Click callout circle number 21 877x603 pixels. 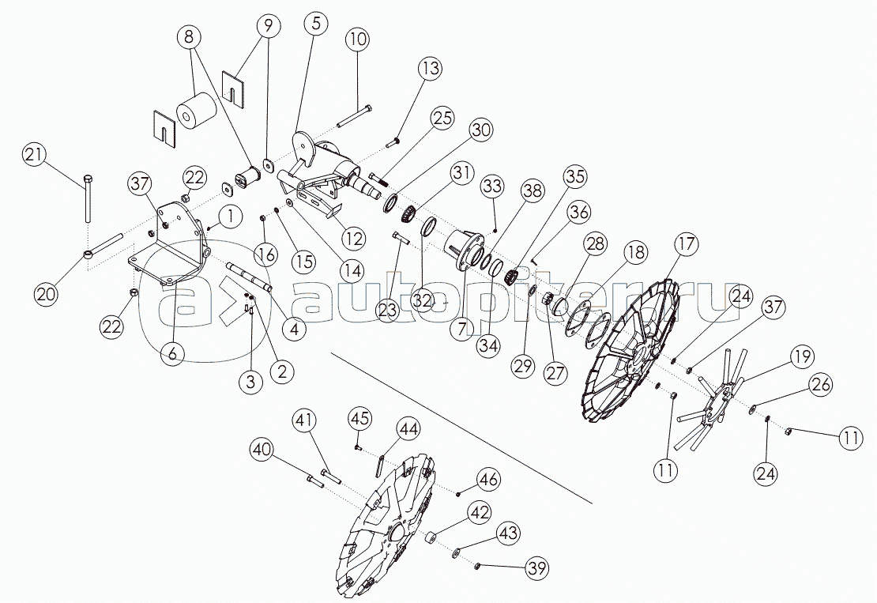(x=33, y=156)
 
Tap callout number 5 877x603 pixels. (x=315, y=24)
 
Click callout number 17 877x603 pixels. (x=687, y=244)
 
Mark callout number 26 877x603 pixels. (x=821, y=385)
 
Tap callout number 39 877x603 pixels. (x=537, y=567)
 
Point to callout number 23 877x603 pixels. (x=386, y=311)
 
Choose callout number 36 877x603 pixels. (x=579, y=213)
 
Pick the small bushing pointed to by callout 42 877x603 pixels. (x=432, y=539)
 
